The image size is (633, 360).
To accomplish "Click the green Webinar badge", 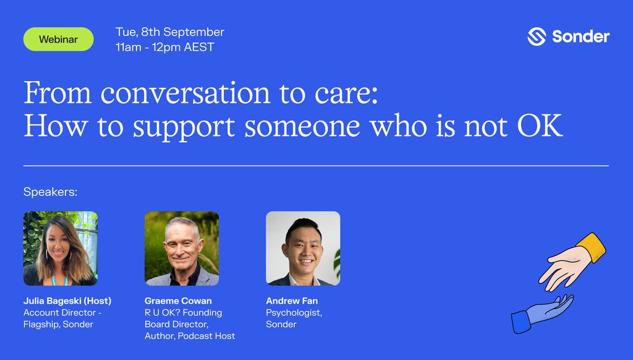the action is coord(59,39).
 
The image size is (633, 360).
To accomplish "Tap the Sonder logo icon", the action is coord(537,36).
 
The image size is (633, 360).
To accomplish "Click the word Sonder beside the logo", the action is coord(580,36).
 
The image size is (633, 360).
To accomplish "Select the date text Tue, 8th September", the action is coord(170,32).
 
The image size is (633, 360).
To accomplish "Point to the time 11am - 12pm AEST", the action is coord(164,47).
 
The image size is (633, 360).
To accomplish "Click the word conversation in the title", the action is coord(185,93).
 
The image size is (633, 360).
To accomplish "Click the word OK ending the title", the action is coord(540,126).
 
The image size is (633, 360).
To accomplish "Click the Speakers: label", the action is coord(51,192).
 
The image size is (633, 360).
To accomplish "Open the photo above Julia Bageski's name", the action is coord(61,249).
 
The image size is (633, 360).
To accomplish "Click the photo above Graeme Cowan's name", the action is coord(182,249).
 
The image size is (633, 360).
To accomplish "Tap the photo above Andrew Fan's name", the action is coord(303,249).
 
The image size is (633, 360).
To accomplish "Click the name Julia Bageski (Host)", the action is coord(67,301).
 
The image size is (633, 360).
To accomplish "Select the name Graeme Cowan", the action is coord(178,301).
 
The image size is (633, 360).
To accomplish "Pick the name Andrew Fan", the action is coord(292,301).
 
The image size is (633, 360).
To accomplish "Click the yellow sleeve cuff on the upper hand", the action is coord(591,247).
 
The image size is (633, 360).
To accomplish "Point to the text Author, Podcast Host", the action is coord(190,336).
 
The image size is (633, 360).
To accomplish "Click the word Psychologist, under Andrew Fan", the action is coord(294,313).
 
